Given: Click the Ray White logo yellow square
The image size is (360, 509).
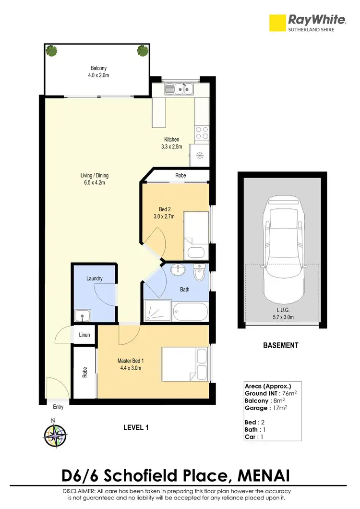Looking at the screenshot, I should pos(276,22).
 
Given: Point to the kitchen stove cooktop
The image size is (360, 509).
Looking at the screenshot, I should pos(202,133).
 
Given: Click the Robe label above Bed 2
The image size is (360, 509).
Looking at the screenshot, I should pos(180,176).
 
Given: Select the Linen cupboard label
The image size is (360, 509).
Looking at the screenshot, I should pos(84,334).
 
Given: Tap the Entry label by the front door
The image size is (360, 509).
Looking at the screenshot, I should pos(58,407).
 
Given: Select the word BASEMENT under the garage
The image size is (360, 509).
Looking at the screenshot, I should pos(281,345).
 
